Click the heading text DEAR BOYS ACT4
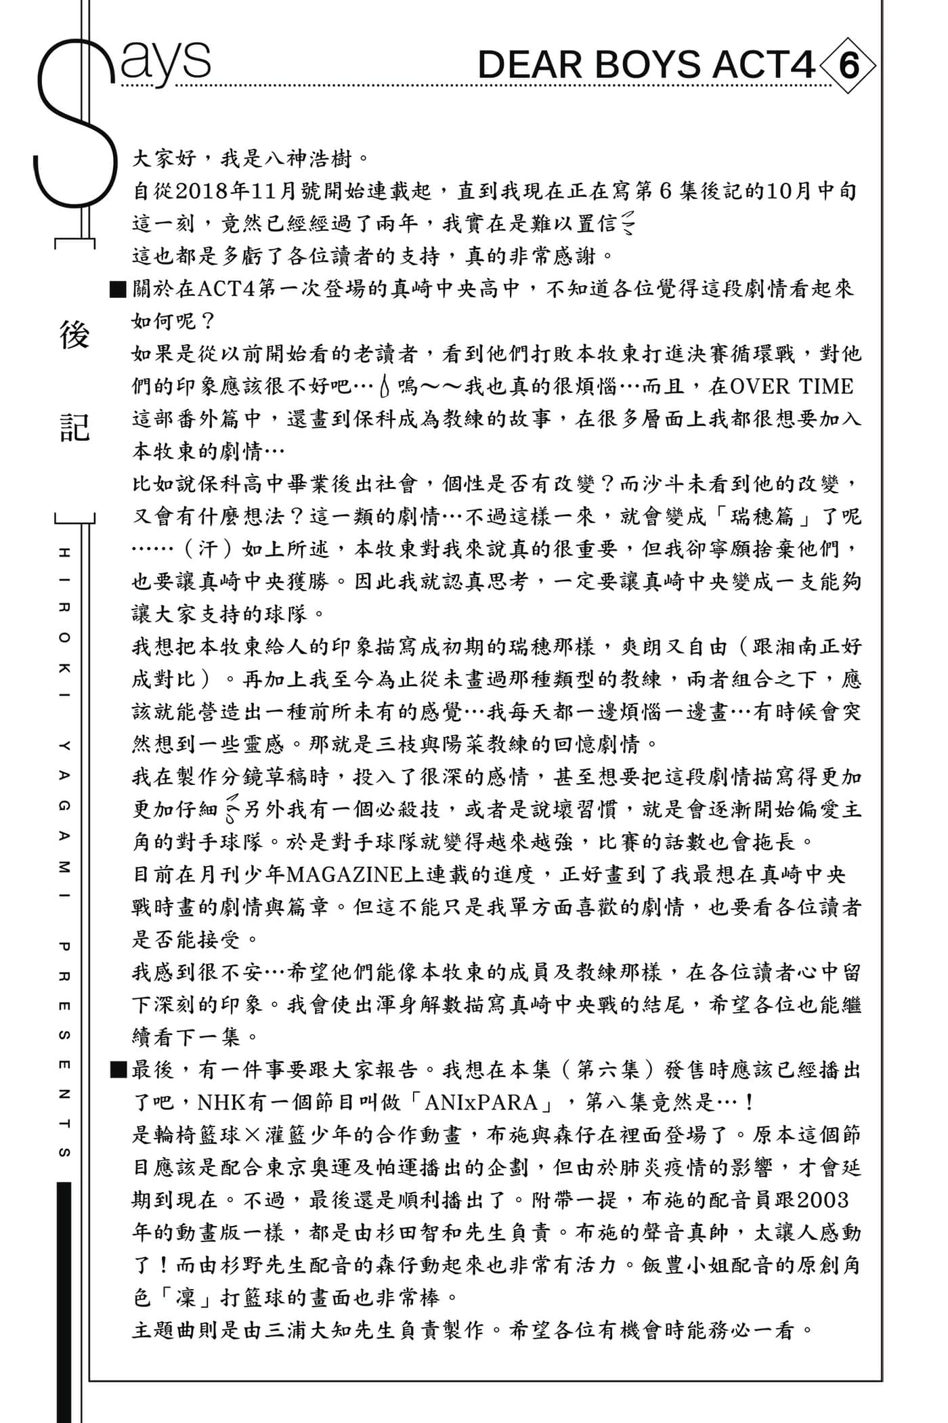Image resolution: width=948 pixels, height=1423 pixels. coord(646,66)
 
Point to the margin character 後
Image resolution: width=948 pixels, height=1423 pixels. coord(74,336)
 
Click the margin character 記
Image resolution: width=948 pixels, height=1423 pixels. coord(74,427)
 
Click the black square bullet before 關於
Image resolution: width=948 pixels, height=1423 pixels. coord(117,290)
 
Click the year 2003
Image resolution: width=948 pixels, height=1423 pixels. coord(823,1200)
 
